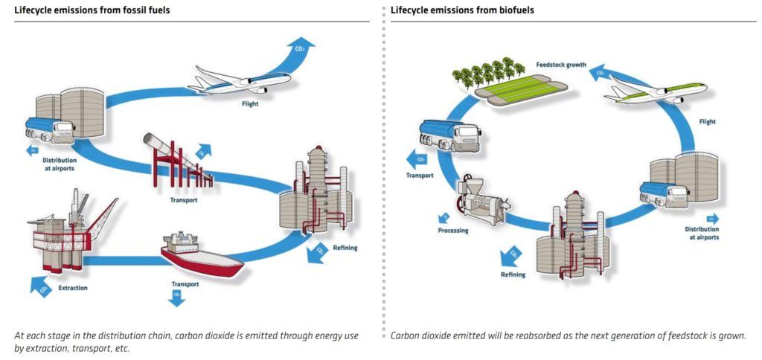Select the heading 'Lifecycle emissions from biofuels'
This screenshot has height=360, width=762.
[x=462, y=10]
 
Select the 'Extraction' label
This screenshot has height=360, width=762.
[x=73, y=288]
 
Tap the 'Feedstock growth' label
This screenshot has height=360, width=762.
[x=561, y=65]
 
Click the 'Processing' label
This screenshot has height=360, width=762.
[x=453, y=231]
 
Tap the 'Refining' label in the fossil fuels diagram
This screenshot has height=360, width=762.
[x=345, y=248]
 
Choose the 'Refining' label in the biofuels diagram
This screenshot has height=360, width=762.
[x=513, y=274]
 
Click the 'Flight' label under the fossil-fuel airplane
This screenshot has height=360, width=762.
[x=250, y=104]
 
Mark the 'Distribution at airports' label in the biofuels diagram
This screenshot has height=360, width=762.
[x=702, y=234]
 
